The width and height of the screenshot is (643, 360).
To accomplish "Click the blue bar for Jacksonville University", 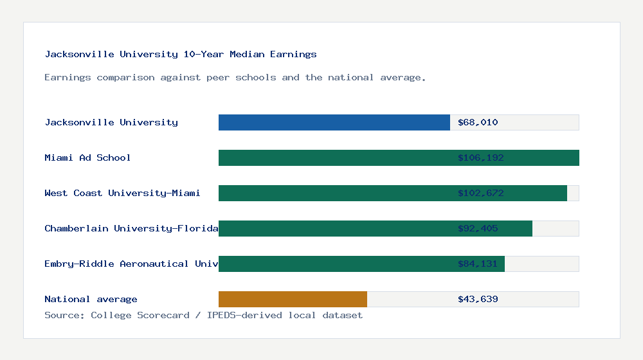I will pyautogui.click(x=334, y=122).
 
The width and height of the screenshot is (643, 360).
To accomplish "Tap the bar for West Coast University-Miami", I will pyautogui.click(x=334, y=193).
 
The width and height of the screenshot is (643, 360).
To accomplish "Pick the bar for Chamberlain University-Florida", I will pyautogui.click(x=334, y=228).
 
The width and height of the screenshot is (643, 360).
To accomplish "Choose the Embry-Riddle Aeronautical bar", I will pyautogui.click(x=334, y=264).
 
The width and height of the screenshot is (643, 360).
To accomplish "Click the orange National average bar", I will pyautogui.click(x=293, y=299).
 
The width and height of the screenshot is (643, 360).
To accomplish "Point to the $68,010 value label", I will pyautogui.click(x=478, y=122).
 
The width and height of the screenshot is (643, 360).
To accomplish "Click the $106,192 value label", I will pyautogui.click(x=480, y=157).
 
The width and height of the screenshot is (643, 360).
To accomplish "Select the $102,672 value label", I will pyautogui.click(x=480, y=193).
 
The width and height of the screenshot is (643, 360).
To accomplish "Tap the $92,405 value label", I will pyautogui.click(x=478, y=228).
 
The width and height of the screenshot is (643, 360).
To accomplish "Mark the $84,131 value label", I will pyautogui.click(x=478, y=264).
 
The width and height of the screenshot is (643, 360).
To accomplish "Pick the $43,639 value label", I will pyautogui.click(x=478, y=299).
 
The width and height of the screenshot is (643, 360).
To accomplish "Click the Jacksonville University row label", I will pyautogui.click(x=111, y=122).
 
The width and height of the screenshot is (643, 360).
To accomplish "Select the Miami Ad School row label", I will pyautogui.click(x=87, y=157).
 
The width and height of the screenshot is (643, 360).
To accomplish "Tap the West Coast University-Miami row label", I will pyautogui.click(x=122, y=193).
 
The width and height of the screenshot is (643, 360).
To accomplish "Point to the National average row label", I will pyautogui.click(x=91, y=299).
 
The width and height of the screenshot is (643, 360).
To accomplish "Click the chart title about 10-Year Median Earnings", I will pyautogui.click(x=181, y=55).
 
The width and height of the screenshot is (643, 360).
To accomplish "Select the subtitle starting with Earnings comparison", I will pyautogui.click(x=235, y=78).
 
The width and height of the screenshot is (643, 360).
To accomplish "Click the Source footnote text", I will pyautogui.click(x=203, y=315).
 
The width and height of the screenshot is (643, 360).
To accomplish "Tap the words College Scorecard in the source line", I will pyautogui.click(x=140, y=315).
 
